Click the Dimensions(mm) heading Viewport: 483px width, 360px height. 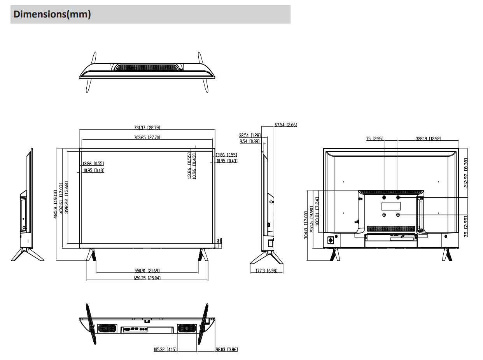click(52, 14)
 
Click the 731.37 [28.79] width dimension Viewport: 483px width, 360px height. click(147, 128)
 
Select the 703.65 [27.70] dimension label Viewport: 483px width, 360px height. click(147, 138)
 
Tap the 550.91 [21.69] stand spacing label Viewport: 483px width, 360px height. click(147, 271)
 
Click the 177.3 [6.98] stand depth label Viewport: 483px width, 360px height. click(266, 271)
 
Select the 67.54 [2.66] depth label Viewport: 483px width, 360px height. click(286, 125)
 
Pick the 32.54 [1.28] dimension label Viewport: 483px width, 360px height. click(250, 135)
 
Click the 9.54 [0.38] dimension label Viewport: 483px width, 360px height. click(250, 141)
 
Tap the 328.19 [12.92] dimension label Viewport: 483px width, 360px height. click(428, 138)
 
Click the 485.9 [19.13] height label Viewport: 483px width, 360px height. click(55, 204)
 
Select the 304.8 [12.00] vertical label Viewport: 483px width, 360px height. click(306, 225)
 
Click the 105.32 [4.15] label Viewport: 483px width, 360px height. click(165, 350)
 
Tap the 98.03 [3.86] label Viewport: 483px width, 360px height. click(227, 350)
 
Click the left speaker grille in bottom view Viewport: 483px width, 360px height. click(107, 329)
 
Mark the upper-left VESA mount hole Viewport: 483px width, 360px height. click(384, 197)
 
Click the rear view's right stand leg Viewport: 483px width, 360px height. click(446, 255)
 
